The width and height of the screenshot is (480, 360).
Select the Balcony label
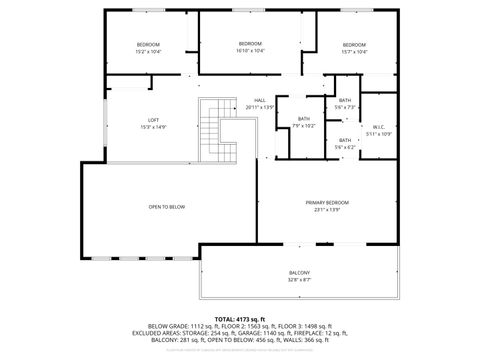pyautogui.click(x=300, y=273)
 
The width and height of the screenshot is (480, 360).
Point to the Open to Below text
pyautogui.click(x=167, y=207)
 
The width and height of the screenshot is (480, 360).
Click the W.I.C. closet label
pyautogui.click(x=381, y=126)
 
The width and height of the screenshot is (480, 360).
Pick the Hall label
pyautogui.click(x=259, y=100)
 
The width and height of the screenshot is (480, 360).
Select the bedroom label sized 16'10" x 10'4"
pyautogui.click(x=250, y=43)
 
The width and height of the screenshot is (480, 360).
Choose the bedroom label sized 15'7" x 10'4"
pyautogui.click(x=355, y=45)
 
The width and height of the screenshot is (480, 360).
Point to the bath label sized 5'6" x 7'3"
pyautogui.click(x=345, y=100)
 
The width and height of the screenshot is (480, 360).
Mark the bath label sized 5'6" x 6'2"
pyautogui.click(x=345, y=140)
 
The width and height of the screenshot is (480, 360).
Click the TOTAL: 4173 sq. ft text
pyautogui.click(x=240, y=318)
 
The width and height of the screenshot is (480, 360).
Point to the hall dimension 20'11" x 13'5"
pyautogui.click(x=259, y=107)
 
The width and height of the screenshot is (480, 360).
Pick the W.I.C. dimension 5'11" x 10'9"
pyautogui.click(x=381, y=133)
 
